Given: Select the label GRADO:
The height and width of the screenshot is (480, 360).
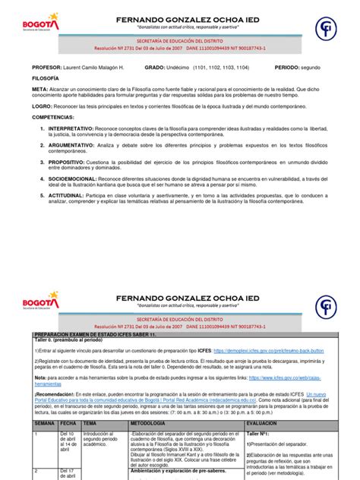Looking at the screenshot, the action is pyautogui.click(x=156, y=67).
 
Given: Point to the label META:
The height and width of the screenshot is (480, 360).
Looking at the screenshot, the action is pyautogui.click(x=39, y=89).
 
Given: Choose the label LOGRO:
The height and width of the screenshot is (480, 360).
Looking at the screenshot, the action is pyautogui.click(x=42, y=108).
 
